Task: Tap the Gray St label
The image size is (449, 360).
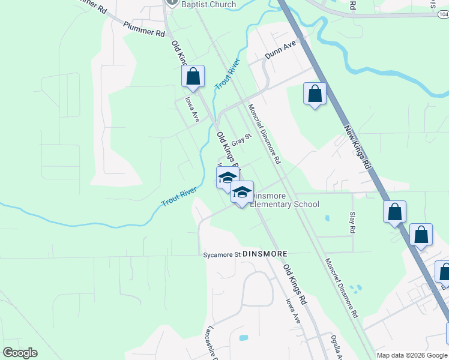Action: coord(240,140)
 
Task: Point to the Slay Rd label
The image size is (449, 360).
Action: coord(352,222)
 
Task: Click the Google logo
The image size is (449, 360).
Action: coord(20,353)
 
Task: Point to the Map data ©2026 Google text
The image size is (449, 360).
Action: coord(412,355)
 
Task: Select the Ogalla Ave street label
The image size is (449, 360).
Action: coord(336,347)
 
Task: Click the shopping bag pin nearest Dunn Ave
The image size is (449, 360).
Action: coord(315,94)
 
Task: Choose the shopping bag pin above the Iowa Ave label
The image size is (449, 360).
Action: coord(193,77)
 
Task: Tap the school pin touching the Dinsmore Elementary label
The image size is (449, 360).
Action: coord(242,193)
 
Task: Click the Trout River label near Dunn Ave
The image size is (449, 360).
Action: coord(228,74)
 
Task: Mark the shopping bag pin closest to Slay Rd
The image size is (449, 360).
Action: coord(394,212)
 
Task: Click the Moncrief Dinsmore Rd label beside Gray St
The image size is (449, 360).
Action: coord(264,134)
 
